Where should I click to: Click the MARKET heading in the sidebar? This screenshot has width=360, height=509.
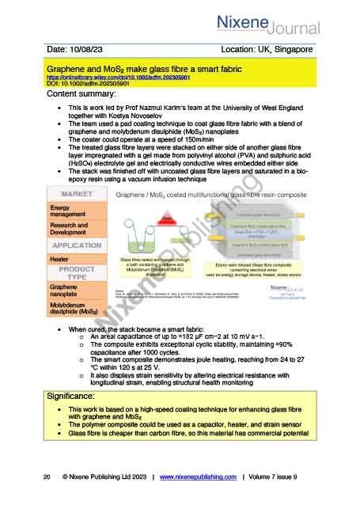pos(74,194)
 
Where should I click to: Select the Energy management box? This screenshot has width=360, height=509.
pos(74,211)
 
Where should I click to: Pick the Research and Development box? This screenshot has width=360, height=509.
pos(74,229)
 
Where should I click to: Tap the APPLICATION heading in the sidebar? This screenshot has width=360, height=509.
pos(74,245)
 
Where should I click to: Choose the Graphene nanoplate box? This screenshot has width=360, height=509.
pos(74,291)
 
